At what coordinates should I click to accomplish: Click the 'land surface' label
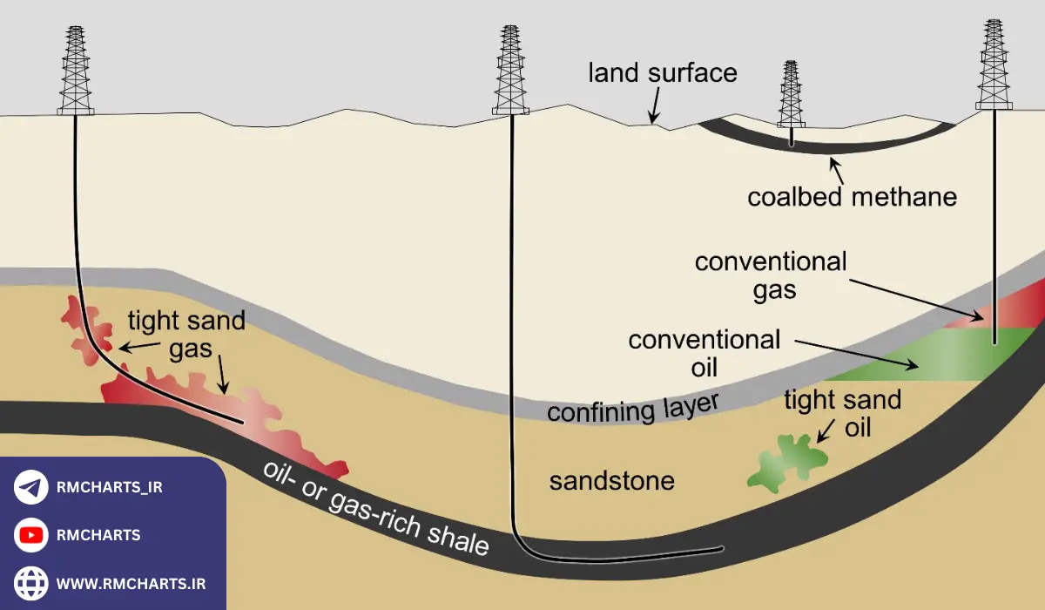tap(662, 72)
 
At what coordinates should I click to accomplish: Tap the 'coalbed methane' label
tap(852, 197)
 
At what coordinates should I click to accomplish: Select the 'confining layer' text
tap(633, 406)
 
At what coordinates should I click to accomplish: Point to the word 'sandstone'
tap(611, 480)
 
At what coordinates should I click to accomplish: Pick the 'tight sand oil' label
tap(842, 414)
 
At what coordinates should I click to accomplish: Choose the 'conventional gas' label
tap(770, 274)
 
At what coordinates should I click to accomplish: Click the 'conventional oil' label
tap(705, 352)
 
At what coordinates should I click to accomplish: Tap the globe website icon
tap(31, 582)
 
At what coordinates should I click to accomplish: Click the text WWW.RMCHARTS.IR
tap(131, 582)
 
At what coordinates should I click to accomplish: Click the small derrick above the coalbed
tap(790, 96)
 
